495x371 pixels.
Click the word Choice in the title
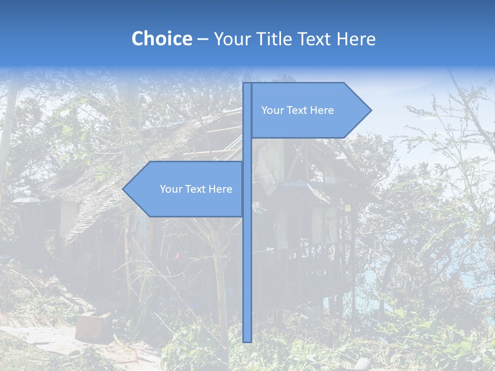(161, 39)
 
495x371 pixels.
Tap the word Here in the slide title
(356, 39)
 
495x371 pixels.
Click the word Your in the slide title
(231, 39)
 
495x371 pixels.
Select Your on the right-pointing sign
(272, 110)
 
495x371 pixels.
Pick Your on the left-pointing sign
(170, 189)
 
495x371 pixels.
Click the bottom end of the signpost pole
(247, 340)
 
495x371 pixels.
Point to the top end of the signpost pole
(247, 85)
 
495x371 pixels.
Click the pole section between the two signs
(247, 149)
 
